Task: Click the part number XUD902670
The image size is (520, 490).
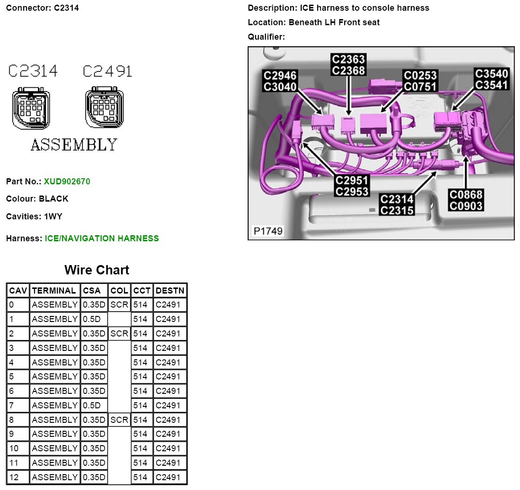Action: click(67, 181)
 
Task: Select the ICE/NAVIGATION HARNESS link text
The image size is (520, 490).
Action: click(102, 238)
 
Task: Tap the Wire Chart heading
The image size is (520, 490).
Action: click(97, 270)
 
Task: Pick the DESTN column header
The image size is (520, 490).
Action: click(170, 291)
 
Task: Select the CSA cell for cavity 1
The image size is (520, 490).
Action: click(94, 319)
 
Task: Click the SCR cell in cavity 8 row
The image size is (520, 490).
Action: click(119, 420)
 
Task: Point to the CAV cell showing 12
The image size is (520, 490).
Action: click(18, 477)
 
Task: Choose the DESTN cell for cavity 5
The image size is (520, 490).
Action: click(170, 377)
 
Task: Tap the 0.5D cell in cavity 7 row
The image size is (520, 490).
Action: click(94, 406)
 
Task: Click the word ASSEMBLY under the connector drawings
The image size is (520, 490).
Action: click(74, 145)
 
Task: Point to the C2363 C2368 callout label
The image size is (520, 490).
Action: click(348, 65)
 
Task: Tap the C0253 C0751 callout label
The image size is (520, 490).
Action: click(420, 81)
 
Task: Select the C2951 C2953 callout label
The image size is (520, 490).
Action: click(352, 186)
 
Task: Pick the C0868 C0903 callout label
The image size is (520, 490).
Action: click(465, 200)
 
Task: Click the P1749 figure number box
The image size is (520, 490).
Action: click(268, 231)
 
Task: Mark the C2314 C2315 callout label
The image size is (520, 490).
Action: click(397, 205)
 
